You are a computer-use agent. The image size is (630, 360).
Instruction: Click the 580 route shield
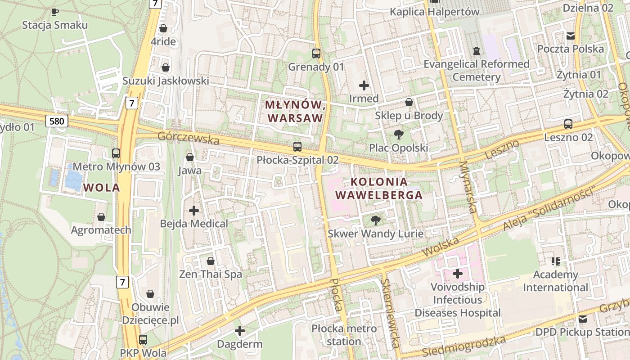click(x=56, y=121)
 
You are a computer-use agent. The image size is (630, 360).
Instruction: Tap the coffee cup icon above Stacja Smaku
click(x=55, y=12)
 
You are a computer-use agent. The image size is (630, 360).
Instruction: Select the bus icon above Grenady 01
click(x=316, y=54)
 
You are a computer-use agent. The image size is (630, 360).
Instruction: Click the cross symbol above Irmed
click(x=364, y=85)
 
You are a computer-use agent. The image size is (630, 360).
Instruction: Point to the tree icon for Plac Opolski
click(x=398, y=134)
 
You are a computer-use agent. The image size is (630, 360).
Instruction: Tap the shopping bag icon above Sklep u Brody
click(x=409, y=102)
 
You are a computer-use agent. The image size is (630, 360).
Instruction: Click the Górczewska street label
click(x=189, y=138)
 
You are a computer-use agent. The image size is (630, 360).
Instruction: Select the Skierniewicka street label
click(x=390, y=313)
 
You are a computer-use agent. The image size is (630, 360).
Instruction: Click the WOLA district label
click(x=102, y=187)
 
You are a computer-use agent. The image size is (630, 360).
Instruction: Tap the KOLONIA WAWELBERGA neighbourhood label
click(x=379, y=189)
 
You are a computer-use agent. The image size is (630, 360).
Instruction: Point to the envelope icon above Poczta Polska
click(x=571, y=36)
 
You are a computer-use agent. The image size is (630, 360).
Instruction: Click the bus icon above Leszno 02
click(x=568, y=124)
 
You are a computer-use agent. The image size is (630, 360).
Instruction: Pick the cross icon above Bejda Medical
click(x=194, y=210)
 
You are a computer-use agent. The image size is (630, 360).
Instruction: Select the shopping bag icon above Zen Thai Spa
click(x=211, y=261)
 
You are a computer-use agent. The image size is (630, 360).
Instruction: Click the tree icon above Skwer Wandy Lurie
click(x=375, y=220)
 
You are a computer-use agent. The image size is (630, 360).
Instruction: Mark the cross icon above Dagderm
click(x=240, y=331)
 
